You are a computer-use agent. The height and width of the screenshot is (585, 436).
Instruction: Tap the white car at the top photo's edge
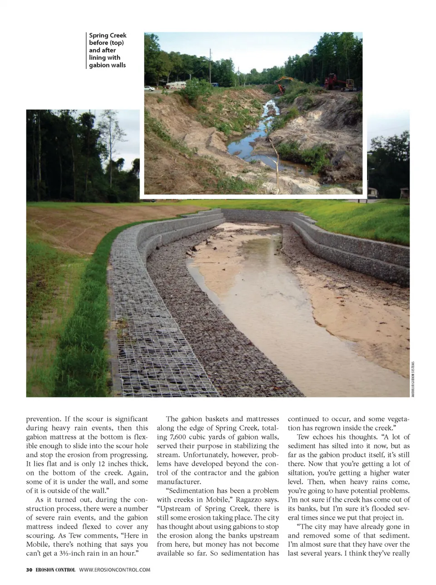(149, 88)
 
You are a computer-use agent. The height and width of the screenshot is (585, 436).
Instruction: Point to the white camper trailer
(175, 85)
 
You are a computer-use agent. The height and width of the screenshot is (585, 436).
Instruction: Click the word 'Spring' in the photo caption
(99, 35)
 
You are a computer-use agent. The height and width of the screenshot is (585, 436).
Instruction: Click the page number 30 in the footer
(29, 570)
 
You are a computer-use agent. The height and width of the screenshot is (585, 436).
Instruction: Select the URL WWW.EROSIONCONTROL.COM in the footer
(114, 570)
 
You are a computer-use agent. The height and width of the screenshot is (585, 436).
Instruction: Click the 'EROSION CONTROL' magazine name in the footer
(55, 570)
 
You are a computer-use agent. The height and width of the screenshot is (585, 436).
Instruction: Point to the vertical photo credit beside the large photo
(412, 379)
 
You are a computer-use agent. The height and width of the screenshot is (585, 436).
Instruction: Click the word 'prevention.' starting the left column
(43, 419)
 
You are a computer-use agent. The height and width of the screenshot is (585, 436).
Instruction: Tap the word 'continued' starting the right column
(303, 419)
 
